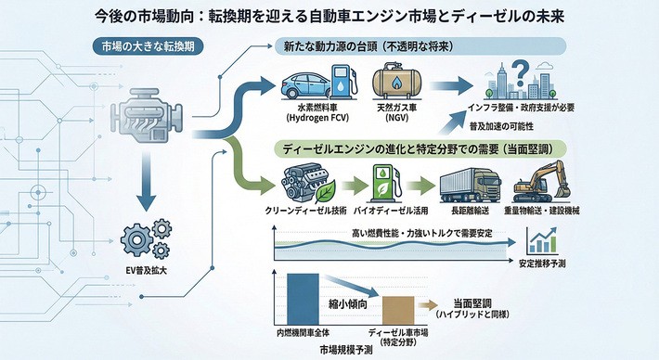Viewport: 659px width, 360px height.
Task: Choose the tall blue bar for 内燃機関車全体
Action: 303,301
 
